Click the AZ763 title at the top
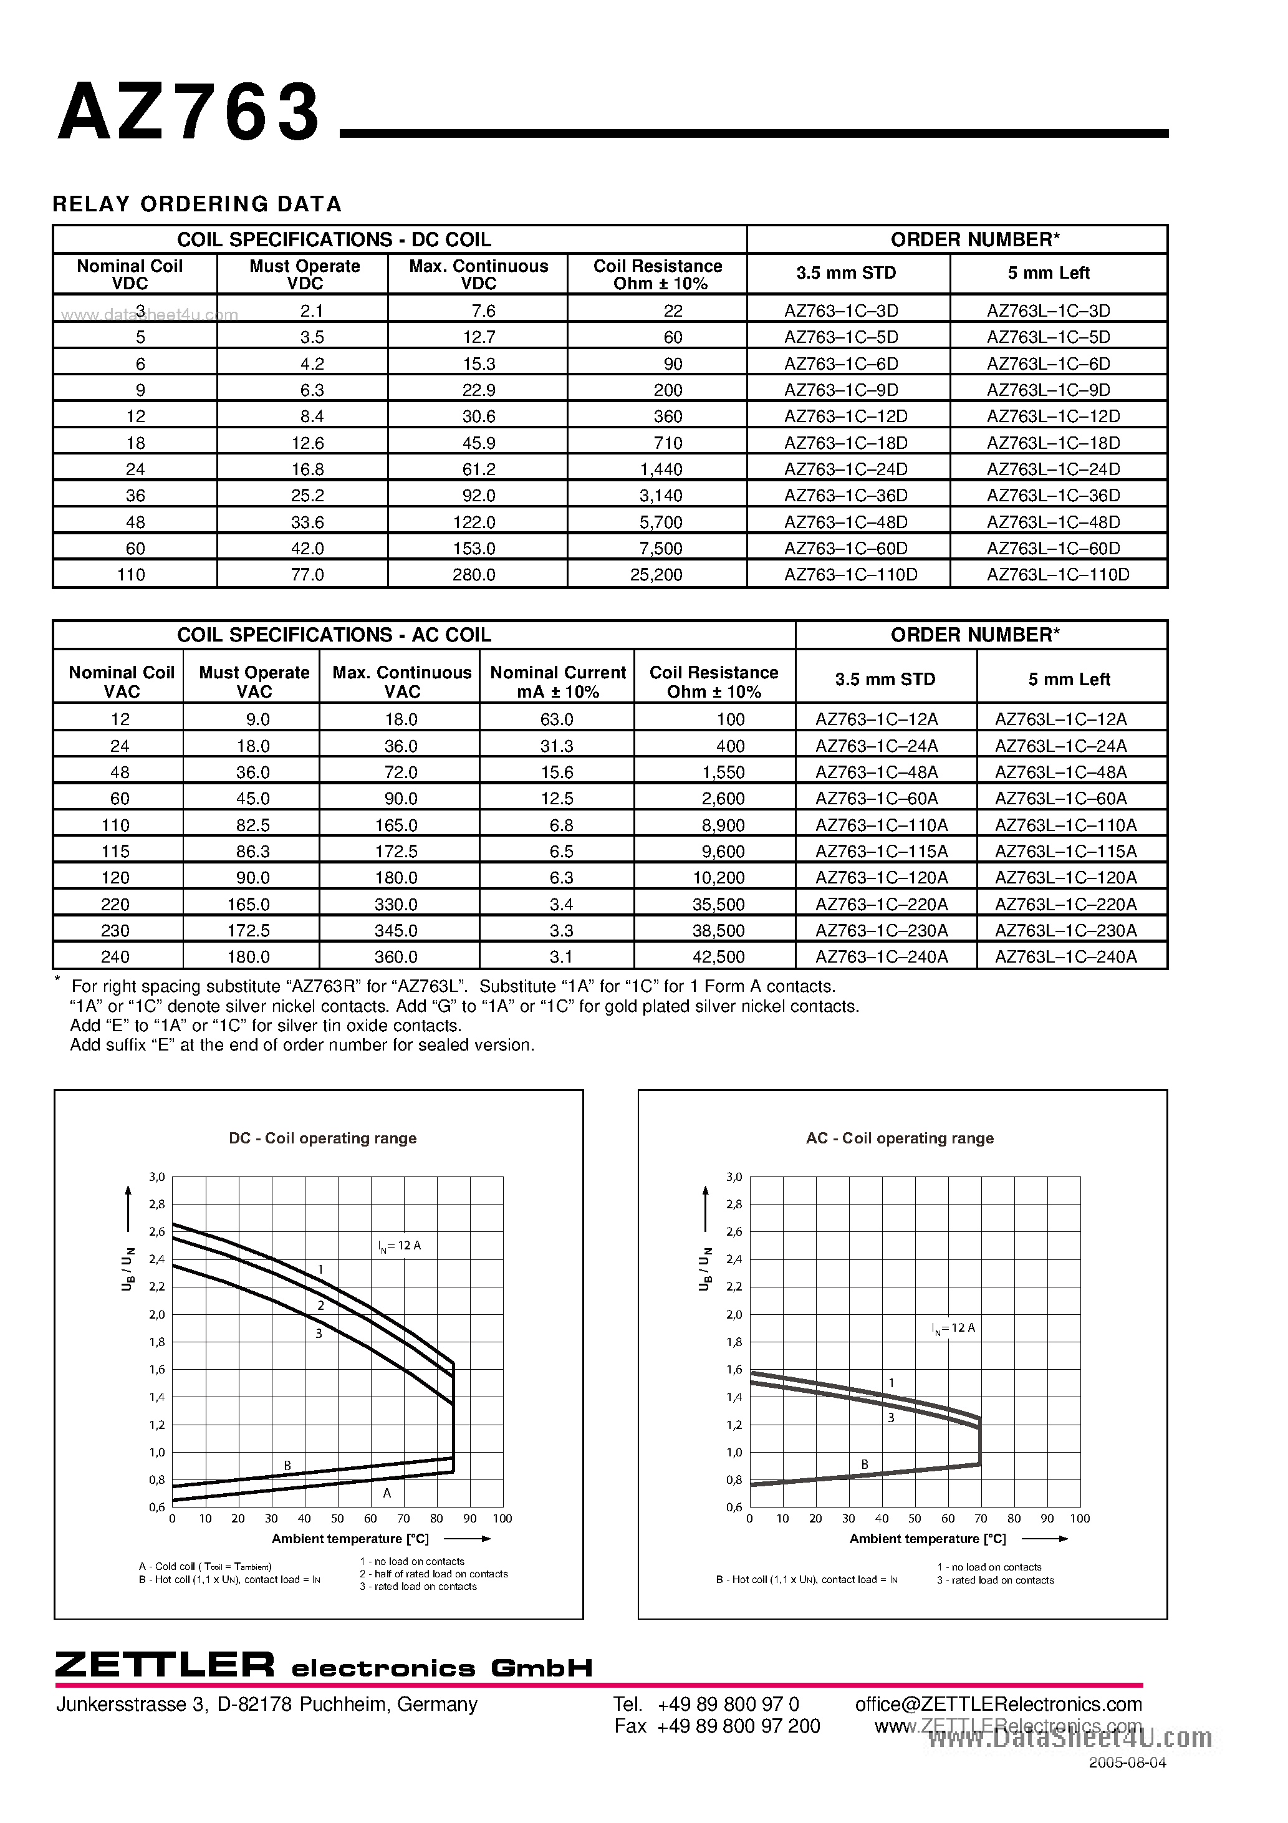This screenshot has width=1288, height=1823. (x=189, y=113)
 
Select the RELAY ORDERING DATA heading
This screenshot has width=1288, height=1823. (x=197, y=204)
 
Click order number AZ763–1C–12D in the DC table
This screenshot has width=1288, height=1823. (x=846, y=416)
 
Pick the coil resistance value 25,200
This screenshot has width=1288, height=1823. (x=656, y=574)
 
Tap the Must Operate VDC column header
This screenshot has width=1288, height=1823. (x=305, y=274)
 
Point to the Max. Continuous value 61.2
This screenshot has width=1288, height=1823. (x=479, y=468)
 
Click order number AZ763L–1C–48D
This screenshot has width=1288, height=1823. (x=1053, y=522)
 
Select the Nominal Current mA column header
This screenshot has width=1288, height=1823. (x=557, y=681)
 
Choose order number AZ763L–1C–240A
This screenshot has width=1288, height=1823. (x=1065, y=957)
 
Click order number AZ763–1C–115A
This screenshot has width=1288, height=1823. (x=882, y=851)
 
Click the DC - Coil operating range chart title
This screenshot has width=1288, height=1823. (x=322, y=1138)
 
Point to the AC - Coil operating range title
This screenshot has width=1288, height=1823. (x=900, y=1138)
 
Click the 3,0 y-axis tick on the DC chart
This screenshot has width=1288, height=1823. (x=156, y=1176)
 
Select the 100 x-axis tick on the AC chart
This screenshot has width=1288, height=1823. (x=1080, y=1518)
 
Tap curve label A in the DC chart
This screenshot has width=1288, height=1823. (x=387, y=1493)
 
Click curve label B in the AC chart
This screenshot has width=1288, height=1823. (x=865, y=1464)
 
